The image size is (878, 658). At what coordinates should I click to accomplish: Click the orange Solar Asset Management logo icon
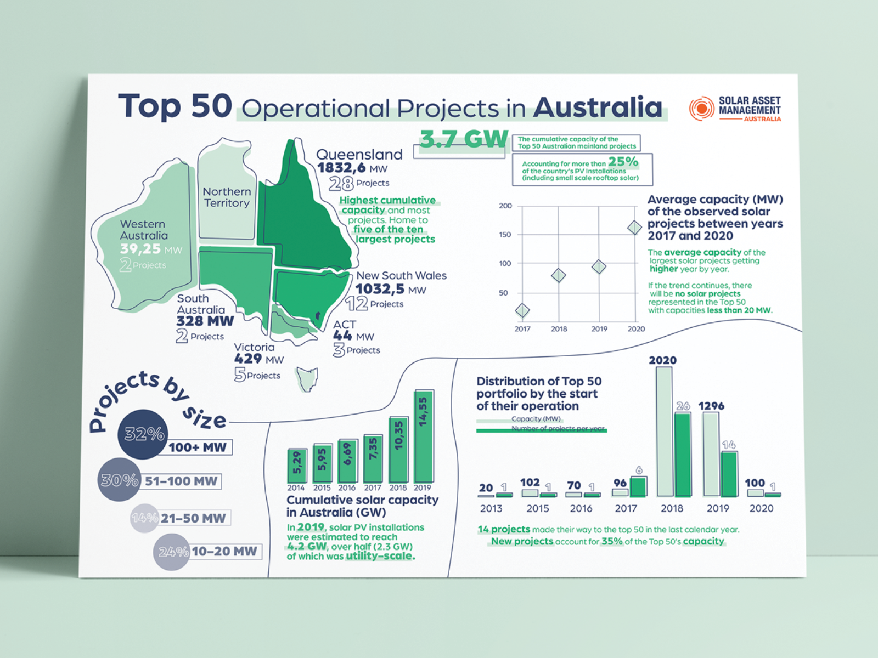tap(701, 108)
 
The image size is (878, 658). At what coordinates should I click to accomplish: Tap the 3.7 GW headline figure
tap(464, 139)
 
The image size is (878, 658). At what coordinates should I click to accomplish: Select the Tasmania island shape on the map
tap(308, 378)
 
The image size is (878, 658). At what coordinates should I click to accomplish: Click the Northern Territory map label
tap(227, 197)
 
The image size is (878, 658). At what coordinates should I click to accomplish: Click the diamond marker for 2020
tap(635, 227)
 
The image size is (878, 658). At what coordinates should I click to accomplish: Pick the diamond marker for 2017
tap(522, 311)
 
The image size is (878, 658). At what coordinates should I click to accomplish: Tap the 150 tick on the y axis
tap(505, 235)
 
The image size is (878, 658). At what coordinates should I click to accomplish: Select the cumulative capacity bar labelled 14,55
tap(424, 436)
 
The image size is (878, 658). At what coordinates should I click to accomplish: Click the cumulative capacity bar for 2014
tap(297, 466)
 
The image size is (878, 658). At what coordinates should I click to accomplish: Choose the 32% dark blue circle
tap(143, 434)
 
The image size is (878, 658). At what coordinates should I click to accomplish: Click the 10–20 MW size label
tap(224, 552)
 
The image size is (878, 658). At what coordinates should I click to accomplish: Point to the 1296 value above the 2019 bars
tap(711, 406)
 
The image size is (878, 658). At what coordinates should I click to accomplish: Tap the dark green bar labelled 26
tap(682, 455)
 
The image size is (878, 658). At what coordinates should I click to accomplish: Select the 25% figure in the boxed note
tap(623, 162)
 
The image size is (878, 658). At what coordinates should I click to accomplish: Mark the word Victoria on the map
tap(254, 347)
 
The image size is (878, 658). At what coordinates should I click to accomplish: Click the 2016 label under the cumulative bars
tap(347, 487)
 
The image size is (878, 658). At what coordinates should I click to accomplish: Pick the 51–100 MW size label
tap(181, 481)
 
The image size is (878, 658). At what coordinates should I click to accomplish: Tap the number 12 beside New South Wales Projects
tap(357, 303)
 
